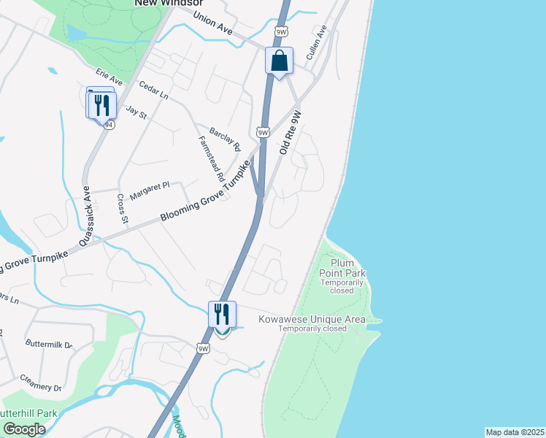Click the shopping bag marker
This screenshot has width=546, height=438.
pos(279,61)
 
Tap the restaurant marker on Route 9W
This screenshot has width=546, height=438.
pos(222,315)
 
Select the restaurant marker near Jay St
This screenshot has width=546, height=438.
pos(101,105)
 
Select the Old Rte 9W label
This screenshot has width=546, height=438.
pos(290,133)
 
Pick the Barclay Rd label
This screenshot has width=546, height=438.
pos(225,137)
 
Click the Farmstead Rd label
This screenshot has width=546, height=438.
pos(210,158)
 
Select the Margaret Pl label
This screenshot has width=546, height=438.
pos(150,191)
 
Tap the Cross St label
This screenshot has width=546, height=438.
pos(123,210)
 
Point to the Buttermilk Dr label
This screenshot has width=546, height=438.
pos(49,344)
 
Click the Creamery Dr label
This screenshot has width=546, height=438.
pos(41,382)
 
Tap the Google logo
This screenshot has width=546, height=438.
pos(23,429)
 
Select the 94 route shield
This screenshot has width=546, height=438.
pos(109,125)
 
